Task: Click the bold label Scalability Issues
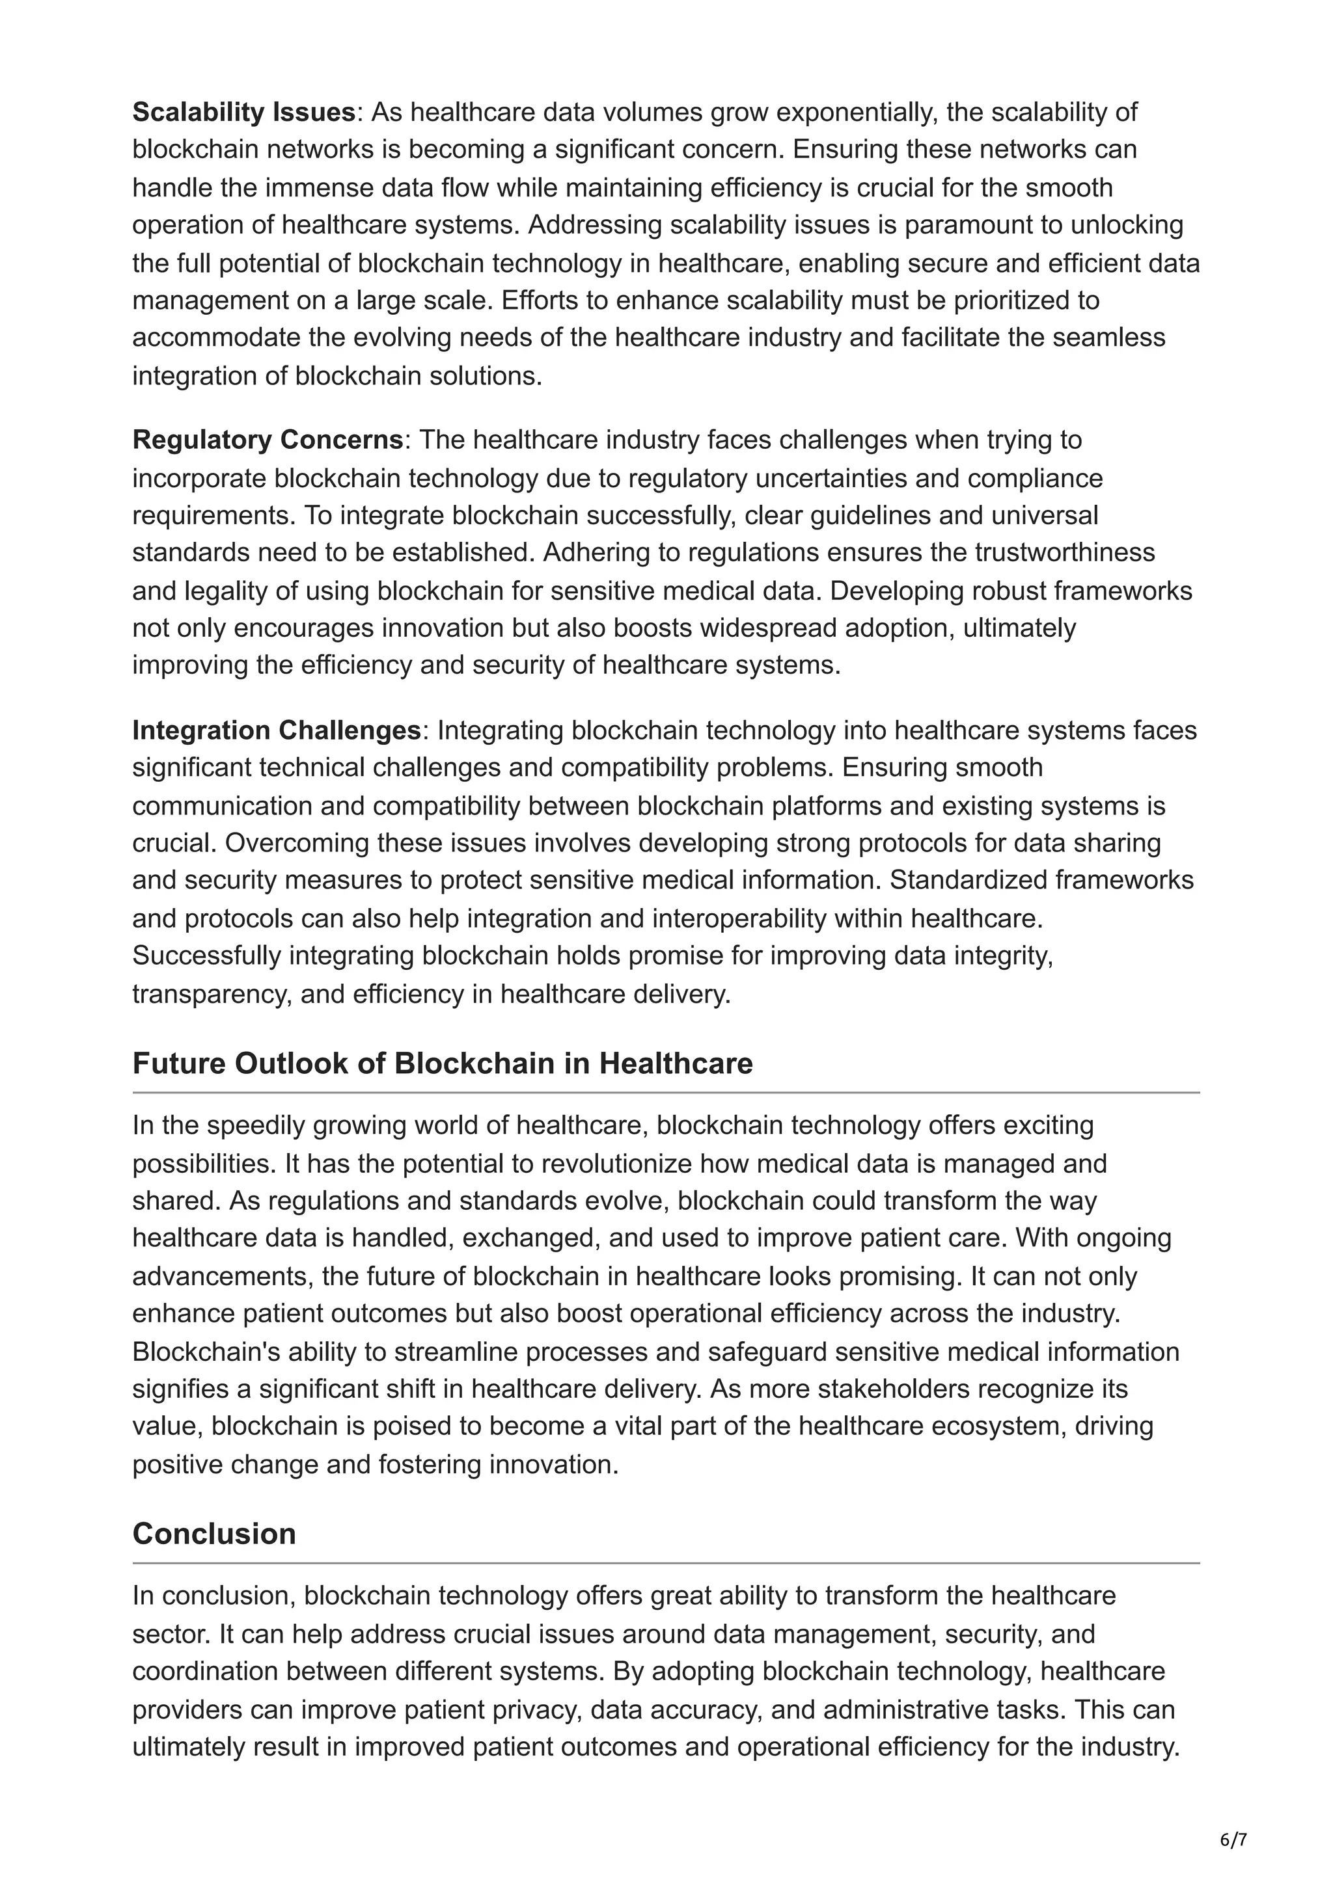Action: pyautogui.click(x=244, y=113)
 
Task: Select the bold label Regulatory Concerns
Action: pyautogui.click(x=267, y=440)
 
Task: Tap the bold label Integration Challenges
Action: pyautogui.click(x=277, y=730)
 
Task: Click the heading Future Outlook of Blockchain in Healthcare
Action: pyautogui.click(x=442, y=1063)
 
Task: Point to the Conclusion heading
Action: pyautogui.click(x=213, y=1534)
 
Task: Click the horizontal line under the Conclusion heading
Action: pyautogui.click(x=665, y=1563)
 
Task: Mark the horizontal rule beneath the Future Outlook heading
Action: pyautogui.click(x=665, y=1093)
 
